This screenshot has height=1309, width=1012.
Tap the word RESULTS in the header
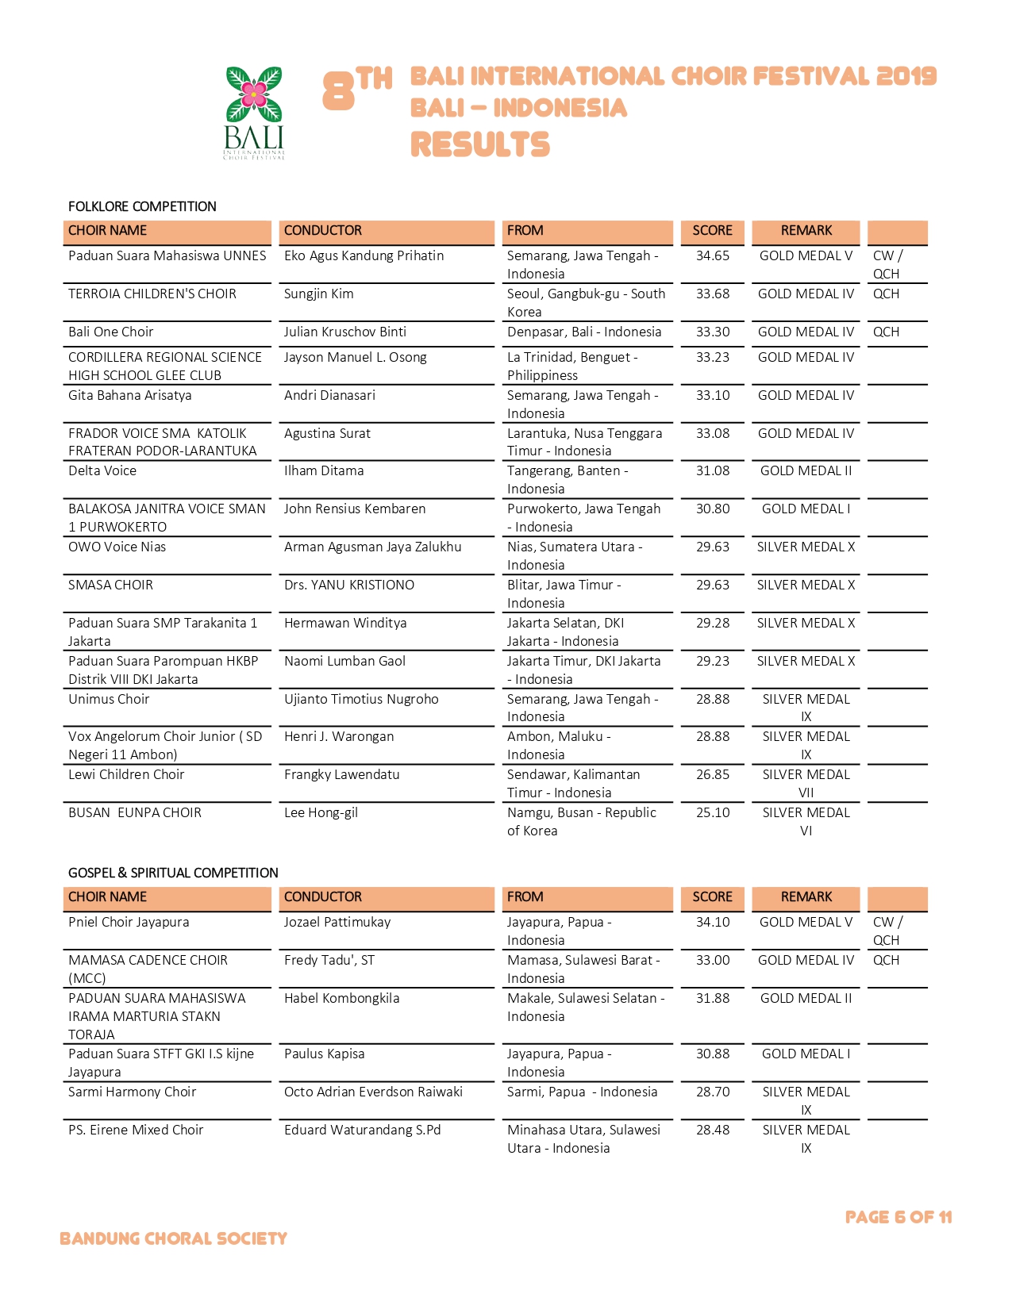point(479,145)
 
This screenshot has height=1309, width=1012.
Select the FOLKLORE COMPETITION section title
point(142,206)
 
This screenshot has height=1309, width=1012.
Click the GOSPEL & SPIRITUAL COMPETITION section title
point(173,873)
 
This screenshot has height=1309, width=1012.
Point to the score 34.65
point(712,255)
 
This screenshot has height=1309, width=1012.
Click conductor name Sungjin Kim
point(318,294)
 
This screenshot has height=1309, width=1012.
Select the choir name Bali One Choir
point(110,332)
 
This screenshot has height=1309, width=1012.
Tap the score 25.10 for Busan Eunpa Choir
point(712,812)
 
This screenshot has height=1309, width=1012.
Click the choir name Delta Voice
point(102,470)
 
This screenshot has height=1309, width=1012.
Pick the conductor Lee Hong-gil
point(321,812)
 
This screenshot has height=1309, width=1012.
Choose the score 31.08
point(712,470)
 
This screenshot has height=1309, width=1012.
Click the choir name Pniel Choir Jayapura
point(129,922)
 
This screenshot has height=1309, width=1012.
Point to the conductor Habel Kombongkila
point(341,998)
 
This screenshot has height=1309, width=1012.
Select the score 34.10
point(712,922)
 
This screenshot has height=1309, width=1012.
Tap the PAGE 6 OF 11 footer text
point(898,1217)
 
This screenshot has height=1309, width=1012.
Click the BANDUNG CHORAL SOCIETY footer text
point(173,1238)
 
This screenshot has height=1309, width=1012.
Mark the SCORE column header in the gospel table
point(712,896)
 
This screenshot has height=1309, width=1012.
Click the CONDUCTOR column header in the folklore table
point(322,230)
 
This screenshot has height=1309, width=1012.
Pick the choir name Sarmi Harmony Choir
point(132,1092)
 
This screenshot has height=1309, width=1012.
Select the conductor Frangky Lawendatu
point(341,774)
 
